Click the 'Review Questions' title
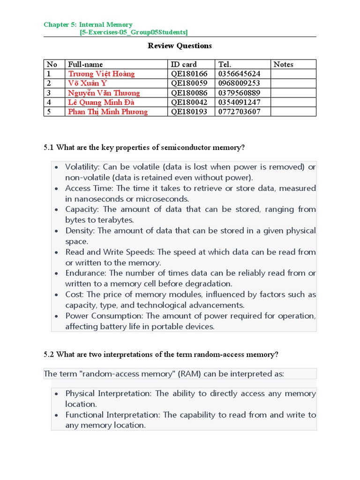(180, 45)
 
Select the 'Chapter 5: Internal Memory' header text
(88, 24)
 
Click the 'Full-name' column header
(85, 64)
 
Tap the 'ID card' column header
(184, 64)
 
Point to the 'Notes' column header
(283, 64)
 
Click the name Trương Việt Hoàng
(101, 74)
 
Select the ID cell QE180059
(189, 83)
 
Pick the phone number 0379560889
(239, 93)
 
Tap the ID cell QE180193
(189, 112)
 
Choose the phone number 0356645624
(239, 74)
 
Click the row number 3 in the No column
(49, 93)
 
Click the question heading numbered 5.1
(144, 148)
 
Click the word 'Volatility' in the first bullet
(82, 167)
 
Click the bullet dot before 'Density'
(56, 231)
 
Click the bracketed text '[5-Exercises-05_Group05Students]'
(134, 32)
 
